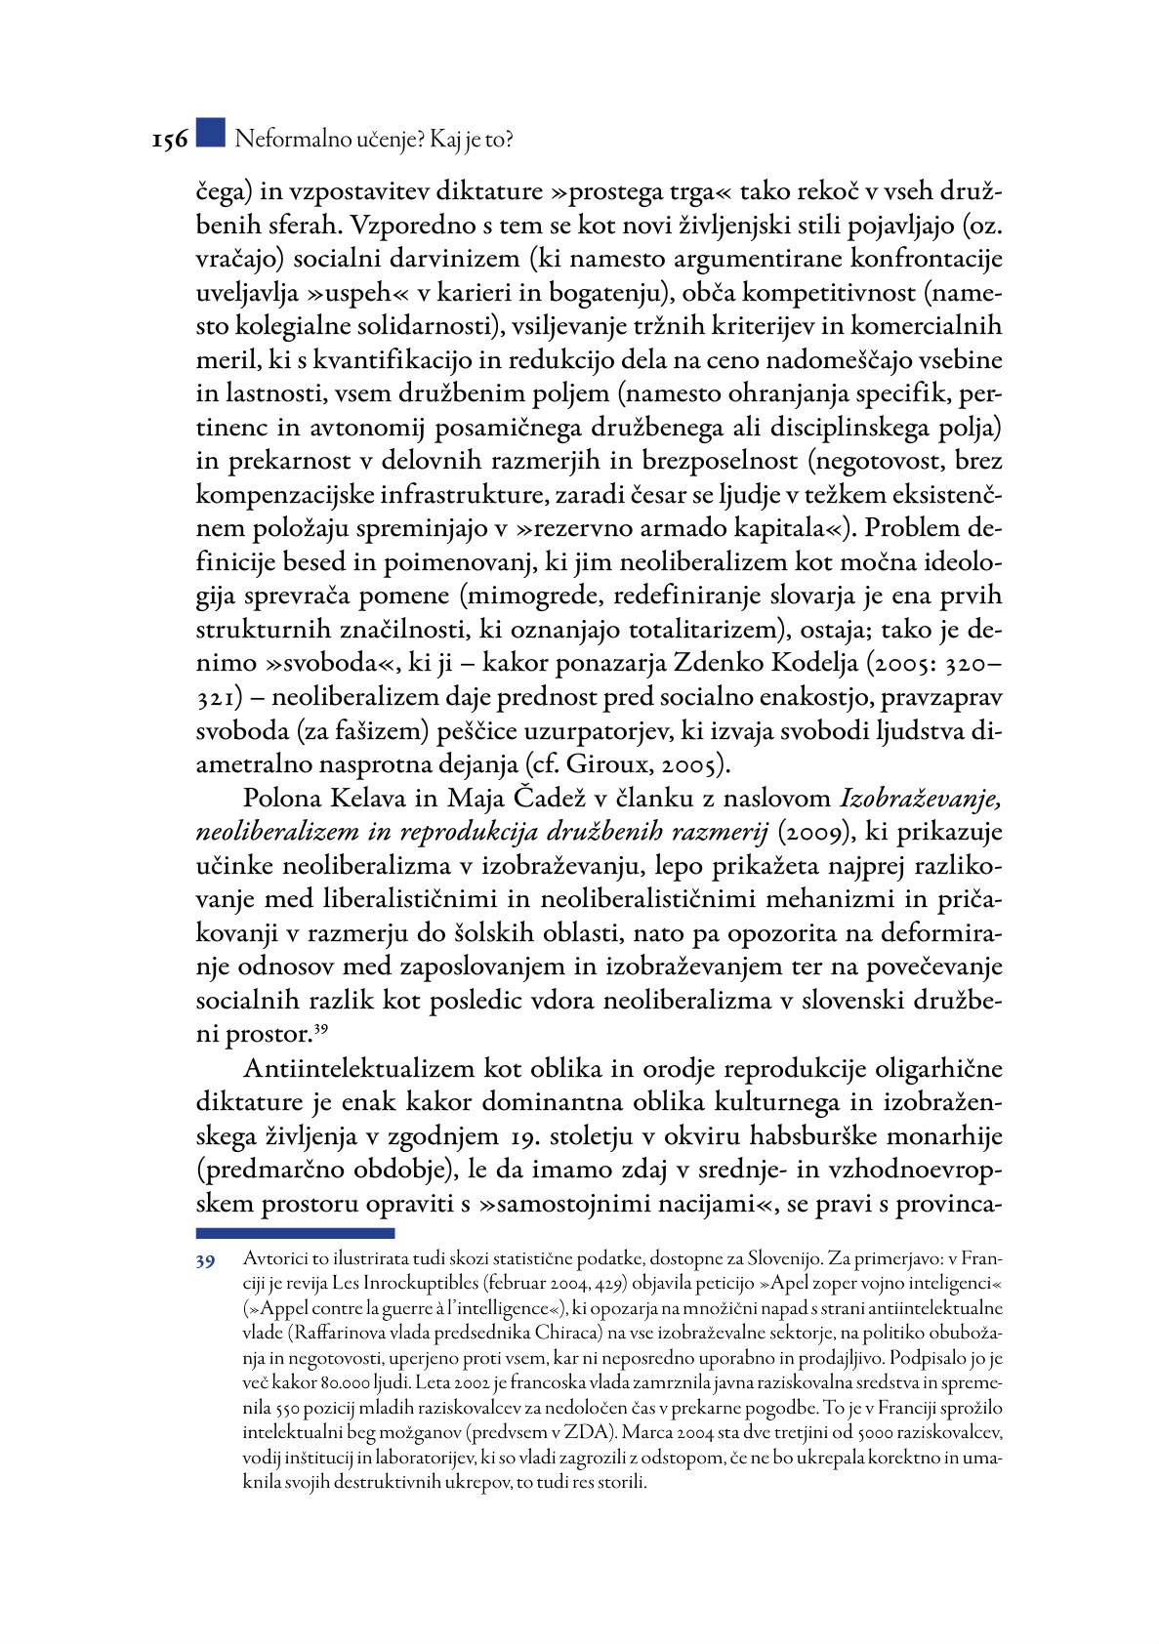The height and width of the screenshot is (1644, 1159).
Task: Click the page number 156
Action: (169, 141)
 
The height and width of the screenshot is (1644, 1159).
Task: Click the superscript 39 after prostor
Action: (320, 1027)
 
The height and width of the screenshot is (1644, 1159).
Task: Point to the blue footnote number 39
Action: (205, 1262)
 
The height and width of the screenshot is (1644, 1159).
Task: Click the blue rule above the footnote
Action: (295, 1234)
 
